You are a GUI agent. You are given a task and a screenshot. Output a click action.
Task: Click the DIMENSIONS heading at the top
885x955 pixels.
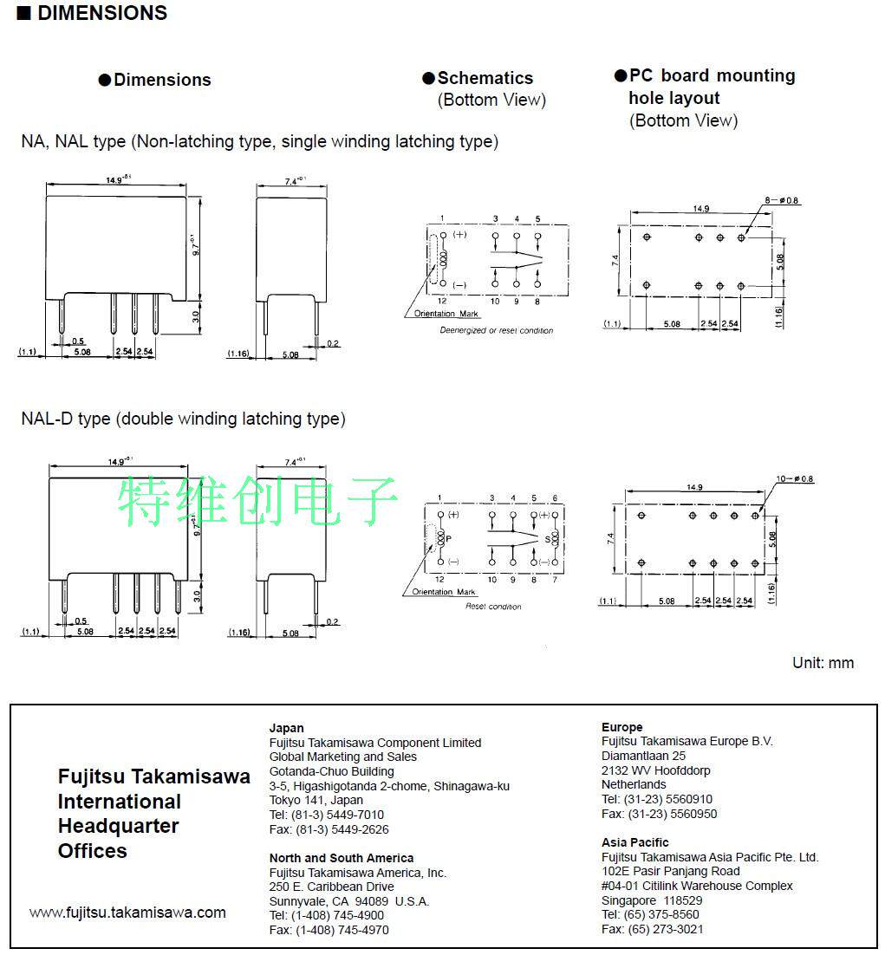coord(102,13)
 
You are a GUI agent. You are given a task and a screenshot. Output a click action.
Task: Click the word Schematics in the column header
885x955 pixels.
coord(485,78)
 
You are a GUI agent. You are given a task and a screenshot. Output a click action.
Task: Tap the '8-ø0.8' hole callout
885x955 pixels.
coord(783,201)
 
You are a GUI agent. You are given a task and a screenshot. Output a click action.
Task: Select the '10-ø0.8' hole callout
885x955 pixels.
coord(794,479)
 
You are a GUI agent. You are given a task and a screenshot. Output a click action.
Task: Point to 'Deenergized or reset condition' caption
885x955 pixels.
coord(496,330)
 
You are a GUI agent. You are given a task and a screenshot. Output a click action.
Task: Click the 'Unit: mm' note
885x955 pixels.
coord(823,663)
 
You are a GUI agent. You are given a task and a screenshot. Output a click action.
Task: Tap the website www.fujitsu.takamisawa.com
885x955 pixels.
coord(127,913)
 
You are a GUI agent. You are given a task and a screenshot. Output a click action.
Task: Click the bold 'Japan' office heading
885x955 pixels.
coord(286,728)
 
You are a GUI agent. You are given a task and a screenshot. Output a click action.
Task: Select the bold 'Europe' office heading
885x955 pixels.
coord(621,727)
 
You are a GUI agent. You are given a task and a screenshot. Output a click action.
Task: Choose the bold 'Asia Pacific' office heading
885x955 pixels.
coord(635,842)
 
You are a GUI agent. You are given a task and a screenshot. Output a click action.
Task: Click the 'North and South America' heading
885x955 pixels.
coord(342,858)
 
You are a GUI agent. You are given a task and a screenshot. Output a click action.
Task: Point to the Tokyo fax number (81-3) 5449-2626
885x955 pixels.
coord(329,829)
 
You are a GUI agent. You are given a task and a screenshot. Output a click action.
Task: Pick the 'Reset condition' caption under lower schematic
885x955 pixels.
coord(493,607)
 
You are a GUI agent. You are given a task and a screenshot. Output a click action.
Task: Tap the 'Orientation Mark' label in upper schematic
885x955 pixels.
coord(446,314)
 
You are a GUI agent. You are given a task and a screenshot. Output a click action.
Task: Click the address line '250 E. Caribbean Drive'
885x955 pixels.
coord(331,887)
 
